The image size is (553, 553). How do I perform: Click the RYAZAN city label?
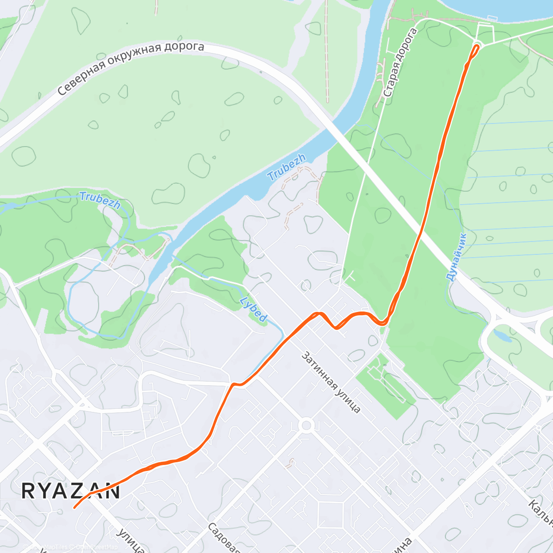click(71, 491)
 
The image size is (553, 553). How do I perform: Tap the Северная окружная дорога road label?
click(131, 68)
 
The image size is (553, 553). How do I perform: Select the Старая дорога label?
click(400, 63)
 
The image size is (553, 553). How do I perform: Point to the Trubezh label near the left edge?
click(100, 200)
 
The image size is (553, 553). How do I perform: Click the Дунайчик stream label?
click(456, 257)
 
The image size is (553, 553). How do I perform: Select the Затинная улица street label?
click(331, 382)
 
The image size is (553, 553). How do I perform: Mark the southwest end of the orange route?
click(75, 508)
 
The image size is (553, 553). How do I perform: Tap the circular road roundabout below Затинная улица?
click(306, 424)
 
